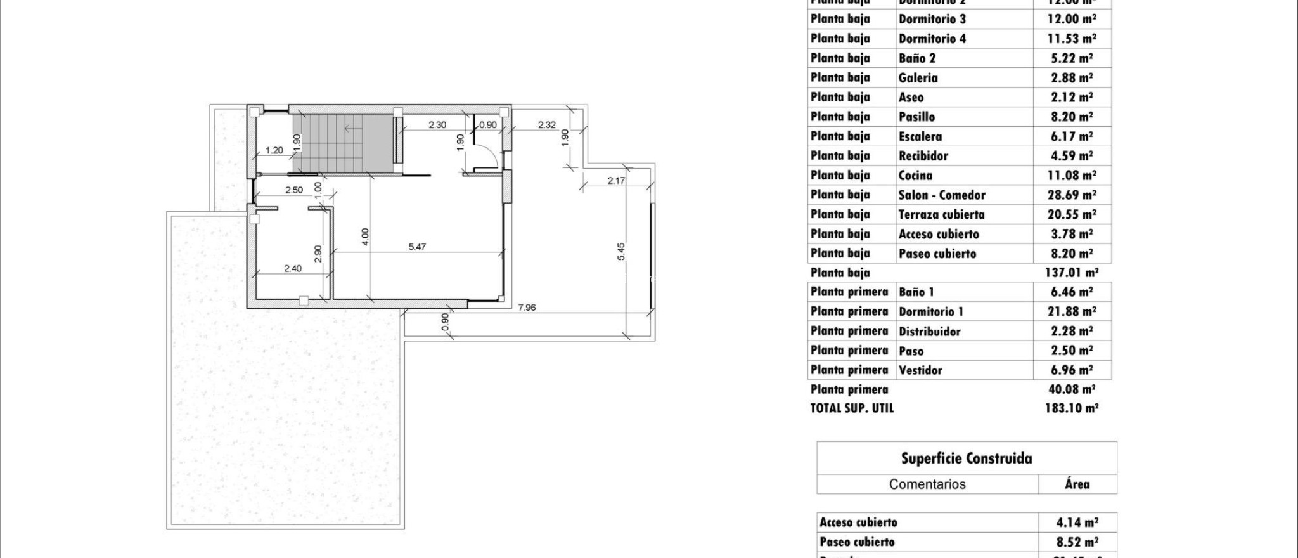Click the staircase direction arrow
pyautogui.click(x=351, y=128)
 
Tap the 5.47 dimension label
pyautogui.click(x=417, y=247)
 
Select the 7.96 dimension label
pyautogui.click(x=527, y=308)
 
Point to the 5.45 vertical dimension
pyautogui.click(x=622, y=251)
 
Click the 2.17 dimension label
pyautogui.click(x=616, y=181)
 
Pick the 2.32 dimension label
pyautogui.click(x=546, y=125)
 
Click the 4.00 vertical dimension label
pyautogui.click(x=364, y=237)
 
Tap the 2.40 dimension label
pyautogui.click(x=292, y=268)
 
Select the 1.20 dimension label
pyautogui.click(x=274, y=150)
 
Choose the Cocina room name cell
pyautogui.click(x=915, y=176)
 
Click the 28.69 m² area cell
pyautogui.click(x=1070, y=195)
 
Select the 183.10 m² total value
pyautogui.click(x=1071, y=408)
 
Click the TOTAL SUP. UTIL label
pyautogui.click(x=852, y=408)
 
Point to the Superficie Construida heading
pyautogui.click(x=967, y=458)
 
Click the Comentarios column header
pyautogui.click(x=927, y=484)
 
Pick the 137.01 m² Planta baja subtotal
pyautogui.click(x=1071, y=273)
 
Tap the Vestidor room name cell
pyautogui.click(x=920, y=370)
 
